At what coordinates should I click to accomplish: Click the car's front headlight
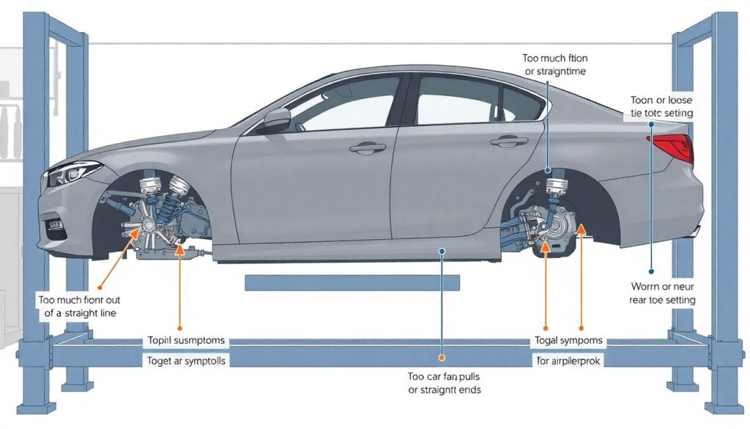tap(73, 172)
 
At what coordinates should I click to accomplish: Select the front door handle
tap(368, 148)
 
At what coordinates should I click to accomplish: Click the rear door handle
tap(509, 142)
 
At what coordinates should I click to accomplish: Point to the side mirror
tap(276, 118)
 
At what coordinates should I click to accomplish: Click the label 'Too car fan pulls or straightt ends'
tap(444, 382)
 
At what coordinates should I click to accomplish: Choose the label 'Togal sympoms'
tap(568, 340)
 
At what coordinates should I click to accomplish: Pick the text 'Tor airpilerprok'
tap(568, 360)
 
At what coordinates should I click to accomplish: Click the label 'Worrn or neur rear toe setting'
tap(662, 293)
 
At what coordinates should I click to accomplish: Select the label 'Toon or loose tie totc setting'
tap(661, 106)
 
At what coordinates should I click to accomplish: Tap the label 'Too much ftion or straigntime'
tap(555, 65)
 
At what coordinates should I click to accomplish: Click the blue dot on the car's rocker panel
tap(442, 251)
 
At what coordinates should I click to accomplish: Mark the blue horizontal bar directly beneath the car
tap(352, 282)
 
